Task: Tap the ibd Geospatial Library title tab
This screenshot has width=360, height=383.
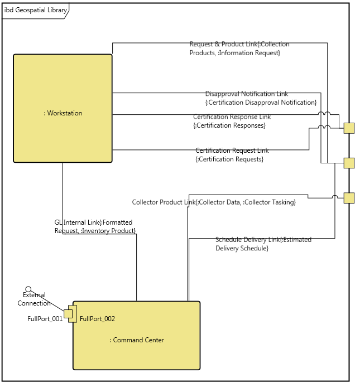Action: pyautogui.click(x=35, y=10)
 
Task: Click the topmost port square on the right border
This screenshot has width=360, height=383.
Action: pyautogui.click(x=349, y=128)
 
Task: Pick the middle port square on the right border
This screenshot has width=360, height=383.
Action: pyautogui.click(x=349, y=163)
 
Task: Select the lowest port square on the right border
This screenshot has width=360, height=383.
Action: pyautogui.click(x=349, y=198)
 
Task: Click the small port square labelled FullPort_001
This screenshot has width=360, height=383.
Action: pyautogui.click(x=68, y=314)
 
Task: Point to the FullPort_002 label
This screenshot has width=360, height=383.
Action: pyautogui.click(x=97, y=319)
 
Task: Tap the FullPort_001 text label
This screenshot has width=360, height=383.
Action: pyautogui.click(x=45, y=319)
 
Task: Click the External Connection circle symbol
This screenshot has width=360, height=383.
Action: pyautogui.click(x=28, y=289)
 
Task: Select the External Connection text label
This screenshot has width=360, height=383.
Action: pyautogui.click(x=34, y=299)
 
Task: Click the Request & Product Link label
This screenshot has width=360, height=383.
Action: pyautogui.click(x=239, y=49)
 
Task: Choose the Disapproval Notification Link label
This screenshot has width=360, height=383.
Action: pyautogui.click(x=261, y=98)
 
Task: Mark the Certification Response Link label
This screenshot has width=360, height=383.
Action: pyautogui.click(x=232, y=121)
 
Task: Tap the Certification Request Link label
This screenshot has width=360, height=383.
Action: pyautogui.click(x=232, y=154)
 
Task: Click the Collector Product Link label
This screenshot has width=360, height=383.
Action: pyautogui.click(x=214, y=202)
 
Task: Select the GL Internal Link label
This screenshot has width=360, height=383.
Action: pyautogui.click(x=95, y=226)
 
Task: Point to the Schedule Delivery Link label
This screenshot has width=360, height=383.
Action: pyautogui.click(x=263, y=244)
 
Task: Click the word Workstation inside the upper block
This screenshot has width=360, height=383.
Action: pyautogui.click(x=63, y=113)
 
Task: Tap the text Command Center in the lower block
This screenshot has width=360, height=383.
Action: pyautogui.click(x=137, y=340)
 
